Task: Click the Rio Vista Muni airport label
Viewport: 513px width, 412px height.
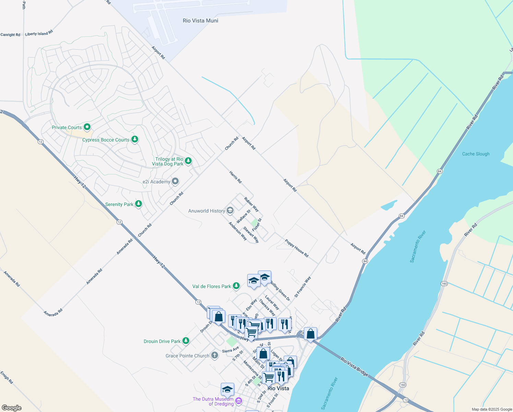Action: click(x=200, y=21)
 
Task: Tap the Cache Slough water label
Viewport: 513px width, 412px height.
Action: click(x=476, y=154)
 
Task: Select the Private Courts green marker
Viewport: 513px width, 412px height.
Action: click(x=87, y=127)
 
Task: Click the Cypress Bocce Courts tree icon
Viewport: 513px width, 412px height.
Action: click(x=135, y=139)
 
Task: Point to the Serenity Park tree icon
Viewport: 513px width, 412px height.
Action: click(x=138, y=204)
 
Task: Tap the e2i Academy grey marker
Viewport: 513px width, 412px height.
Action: click(x=175, y=181)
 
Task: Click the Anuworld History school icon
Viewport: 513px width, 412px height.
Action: click(x=230, y=210)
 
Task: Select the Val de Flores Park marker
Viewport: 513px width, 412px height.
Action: click(x=236, y=286)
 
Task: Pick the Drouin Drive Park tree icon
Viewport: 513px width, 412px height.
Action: click(x=186, y=341)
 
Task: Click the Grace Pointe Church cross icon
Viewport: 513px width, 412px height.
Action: click(x=214, y=355)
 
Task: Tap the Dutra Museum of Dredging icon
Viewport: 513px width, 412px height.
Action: click(x=239, y=401)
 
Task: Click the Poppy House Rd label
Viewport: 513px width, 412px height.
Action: click(x=297, y=248)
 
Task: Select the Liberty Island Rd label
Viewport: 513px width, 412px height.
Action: click(x=39, y=33)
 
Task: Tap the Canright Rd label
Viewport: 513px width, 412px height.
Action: click(x=10, y=35)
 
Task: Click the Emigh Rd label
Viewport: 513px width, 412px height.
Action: click(x=7, y=377)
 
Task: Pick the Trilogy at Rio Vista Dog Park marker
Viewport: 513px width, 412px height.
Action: click(x=188, y=161)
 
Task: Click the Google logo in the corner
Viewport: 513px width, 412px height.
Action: click(x=11, y=408)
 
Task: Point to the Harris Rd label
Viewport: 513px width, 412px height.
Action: click(x=236, y=177)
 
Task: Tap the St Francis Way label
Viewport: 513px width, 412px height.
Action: click(x=302, y=287)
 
